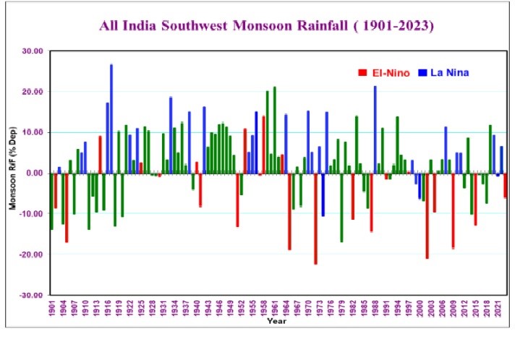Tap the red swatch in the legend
tap(362, 73)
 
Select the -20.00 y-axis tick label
tap(31, 255)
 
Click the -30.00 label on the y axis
tap(31, 296)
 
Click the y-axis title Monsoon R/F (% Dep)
tap(12, 173)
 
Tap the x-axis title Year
tap(276, 320)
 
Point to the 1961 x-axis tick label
tap(276, 307)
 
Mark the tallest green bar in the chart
tap(275, 130)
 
